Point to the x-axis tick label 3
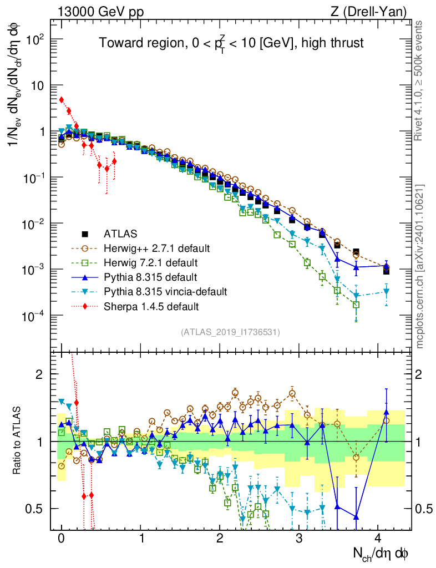(299, 538)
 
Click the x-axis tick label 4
(378, 538)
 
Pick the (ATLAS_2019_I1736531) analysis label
(230, 332)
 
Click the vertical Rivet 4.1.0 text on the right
(420, 80)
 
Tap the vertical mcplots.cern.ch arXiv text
(420, 266)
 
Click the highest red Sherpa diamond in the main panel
(62, 100)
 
